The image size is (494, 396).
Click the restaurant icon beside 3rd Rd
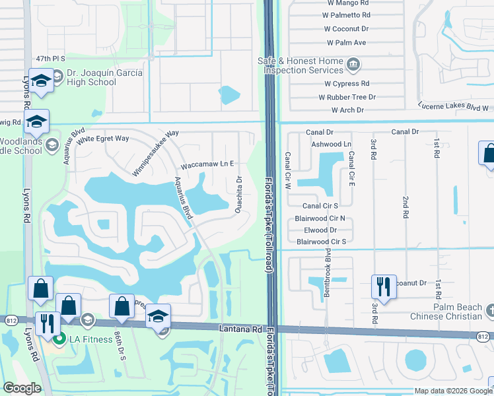coord(383,286)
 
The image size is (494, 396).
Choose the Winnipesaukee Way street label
coord(156,144)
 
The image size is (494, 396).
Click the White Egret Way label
coord(102,139)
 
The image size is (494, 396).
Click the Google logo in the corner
coord(22,387)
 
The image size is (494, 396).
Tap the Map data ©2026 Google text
coord(453,391)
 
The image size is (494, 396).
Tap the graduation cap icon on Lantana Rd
coord(159,315)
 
